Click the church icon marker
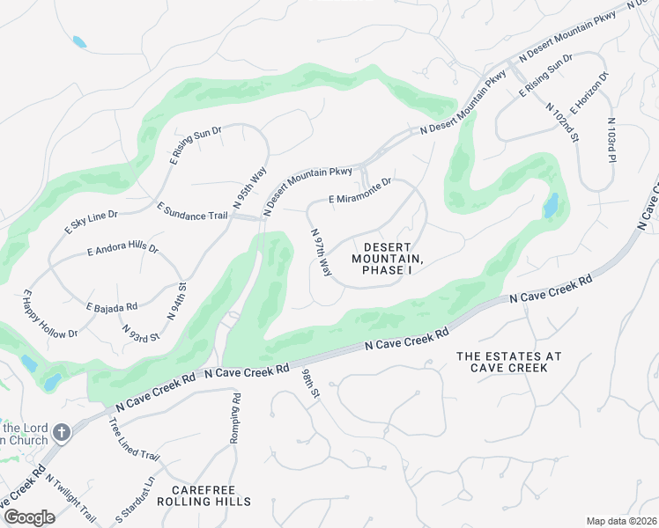pos(61,432)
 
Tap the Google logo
pos(30,517)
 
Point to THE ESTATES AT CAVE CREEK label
pos(509,362)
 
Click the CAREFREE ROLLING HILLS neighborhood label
pos(204,495)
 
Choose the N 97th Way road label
pos(321,251)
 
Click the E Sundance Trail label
pos(192,212)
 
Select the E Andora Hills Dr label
pos(122,251)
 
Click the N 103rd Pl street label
pos(611,141)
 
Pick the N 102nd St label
pos(561,122)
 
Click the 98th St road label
pos(311,384)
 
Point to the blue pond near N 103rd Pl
pos(551,205)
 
